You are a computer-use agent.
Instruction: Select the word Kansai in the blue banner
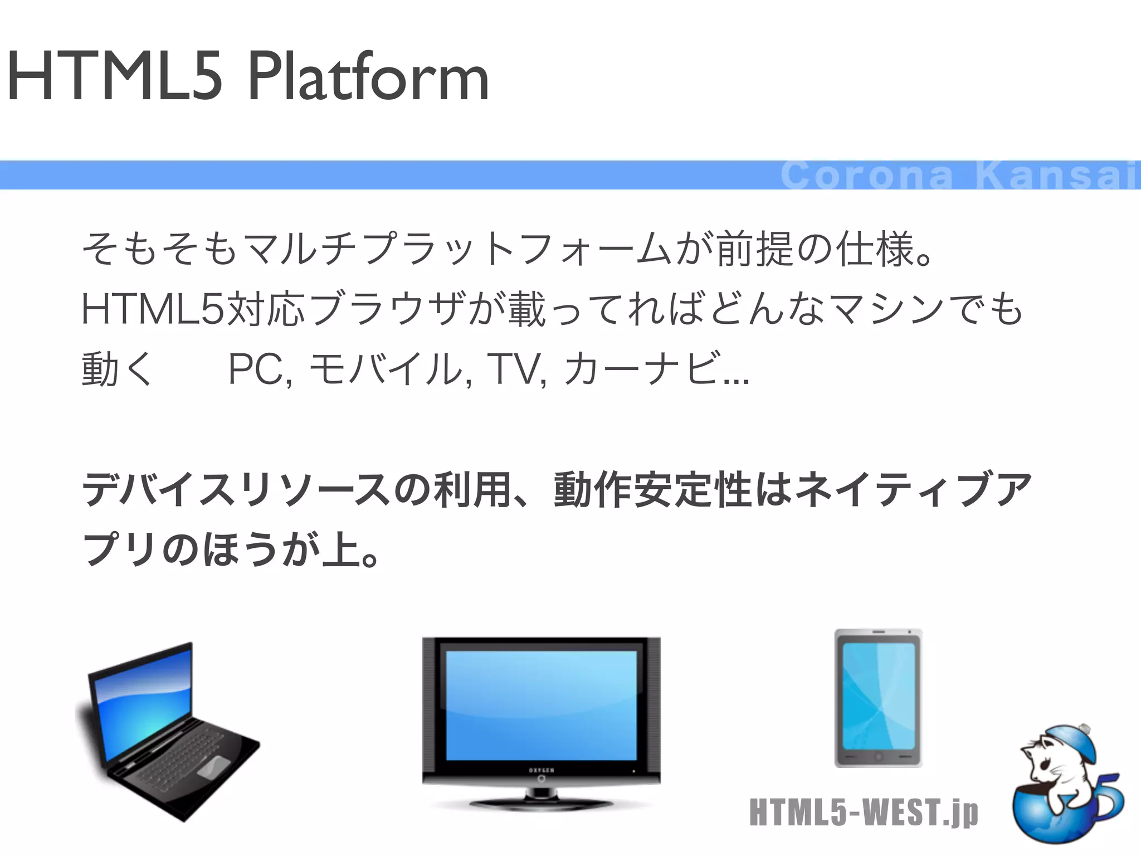click(x=1055, y=175)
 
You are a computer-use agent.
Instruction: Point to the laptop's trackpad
click(x=213, y=767)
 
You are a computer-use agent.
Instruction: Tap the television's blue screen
click(x=541, y=705)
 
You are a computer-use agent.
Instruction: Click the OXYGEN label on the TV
click(x=541, y=770)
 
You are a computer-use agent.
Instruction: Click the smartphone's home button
click(x=879, y=757)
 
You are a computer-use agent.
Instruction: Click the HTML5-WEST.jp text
click(x=864, y=812)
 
